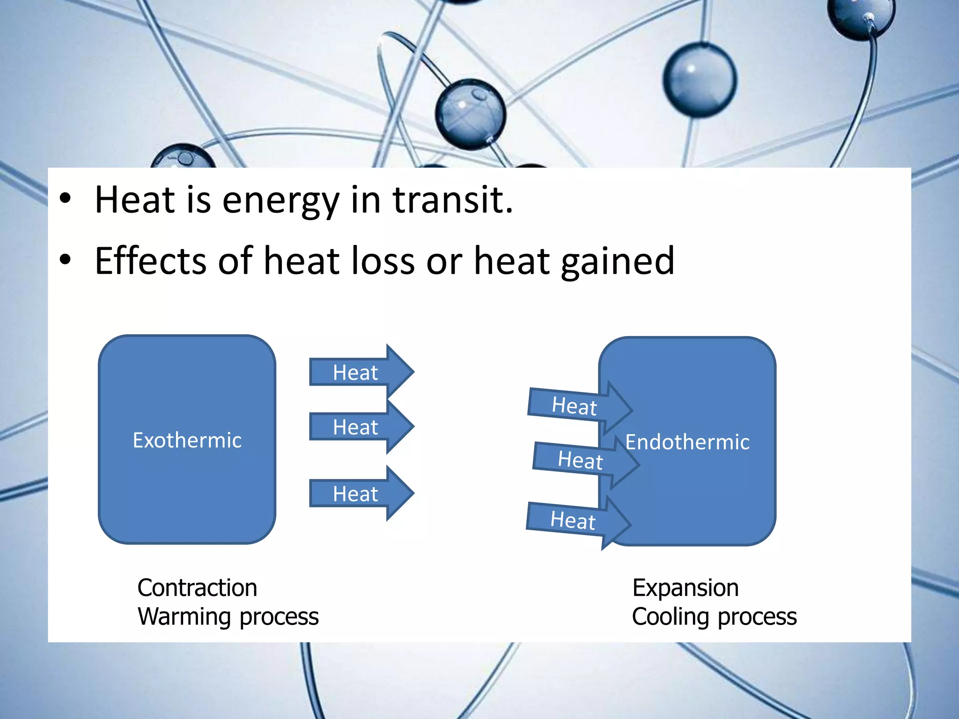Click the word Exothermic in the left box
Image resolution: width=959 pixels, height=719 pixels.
point(187,440)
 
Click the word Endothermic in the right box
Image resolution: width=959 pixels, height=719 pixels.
point(687,442)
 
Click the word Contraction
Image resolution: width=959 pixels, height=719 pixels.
point(197,587)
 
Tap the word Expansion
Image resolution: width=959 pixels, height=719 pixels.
point(686,587)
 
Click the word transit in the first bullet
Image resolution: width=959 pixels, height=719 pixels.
point(452,200)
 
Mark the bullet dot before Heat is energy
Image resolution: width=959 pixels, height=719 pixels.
point(66,199)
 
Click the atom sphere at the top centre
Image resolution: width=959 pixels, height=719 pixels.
point(470,114)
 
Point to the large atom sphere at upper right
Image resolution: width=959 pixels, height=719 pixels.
point(700,80)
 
